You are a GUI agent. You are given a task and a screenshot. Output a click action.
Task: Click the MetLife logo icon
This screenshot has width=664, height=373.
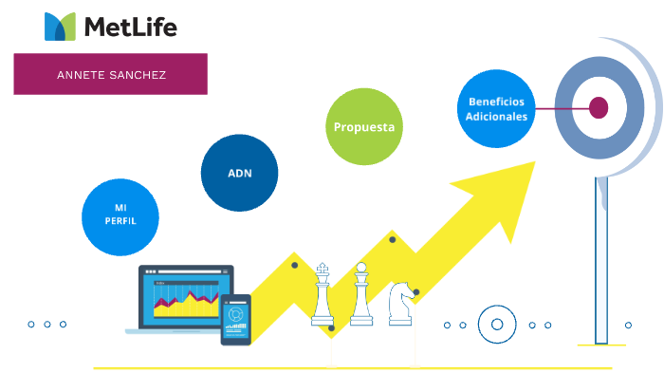[60, 27]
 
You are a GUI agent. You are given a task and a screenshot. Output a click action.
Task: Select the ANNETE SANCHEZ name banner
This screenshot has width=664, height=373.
[110, 74]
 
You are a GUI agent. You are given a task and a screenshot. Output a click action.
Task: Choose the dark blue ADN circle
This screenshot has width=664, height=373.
[239, 173]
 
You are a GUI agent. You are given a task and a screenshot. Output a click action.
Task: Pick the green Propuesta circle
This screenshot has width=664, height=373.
[364, 126]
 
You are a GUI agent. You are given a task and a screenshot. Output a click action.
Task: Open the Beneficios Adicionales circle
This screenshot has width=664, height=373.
[495, 108]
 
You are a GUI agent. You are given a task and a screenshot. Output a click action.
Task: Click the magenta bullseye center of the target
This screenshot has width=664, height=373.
[599, 107]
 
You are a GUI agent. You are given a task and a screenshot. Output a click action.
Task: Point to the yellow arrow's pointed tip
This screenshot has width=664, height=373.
[533, 163]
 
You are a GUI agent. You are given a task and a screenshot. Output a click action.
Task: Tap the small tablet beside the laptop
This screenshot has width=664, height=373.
[235, 318]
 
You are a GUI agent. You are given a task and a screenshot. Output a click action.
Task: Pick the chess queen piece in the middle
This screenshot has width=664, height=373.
[360, 295]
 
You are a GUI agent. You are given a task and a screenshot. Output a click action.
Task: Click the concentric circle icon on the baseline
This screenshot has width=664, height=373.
[496, 325]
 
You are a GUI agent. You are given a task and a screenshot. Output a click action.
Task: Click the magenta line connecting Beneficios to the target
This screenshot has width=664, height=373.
[560, 108]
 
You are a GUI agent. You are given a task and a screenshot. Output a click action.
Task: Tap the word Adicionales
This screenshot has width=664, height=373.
[495, 116]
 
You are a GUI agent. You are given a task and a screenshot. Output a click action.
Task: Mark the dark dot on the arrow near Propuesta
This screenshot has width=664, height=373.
[393, 239]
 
